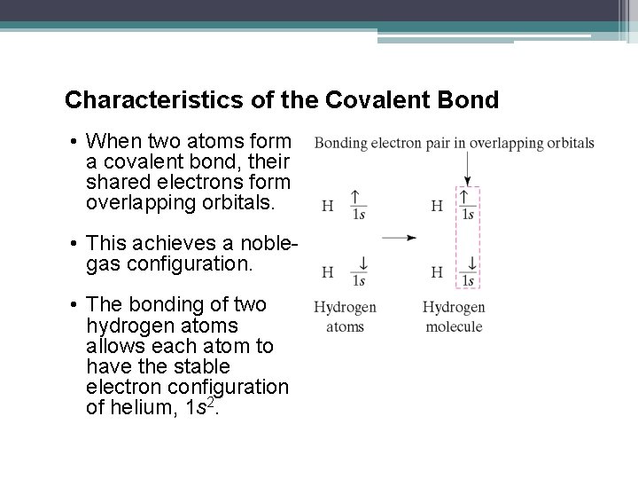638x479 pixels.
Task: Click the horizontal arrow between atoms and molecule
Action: click(399, 238)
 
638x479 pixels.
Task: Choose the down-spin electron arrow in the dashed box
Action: click(470, 264)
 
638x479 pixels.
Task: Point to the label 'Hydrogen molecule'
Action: click(453, 317)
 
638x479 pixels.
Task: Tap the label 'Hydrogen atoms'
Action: click(345, 317)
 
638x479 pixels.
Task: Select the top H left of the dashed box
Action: click(437, 206)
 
